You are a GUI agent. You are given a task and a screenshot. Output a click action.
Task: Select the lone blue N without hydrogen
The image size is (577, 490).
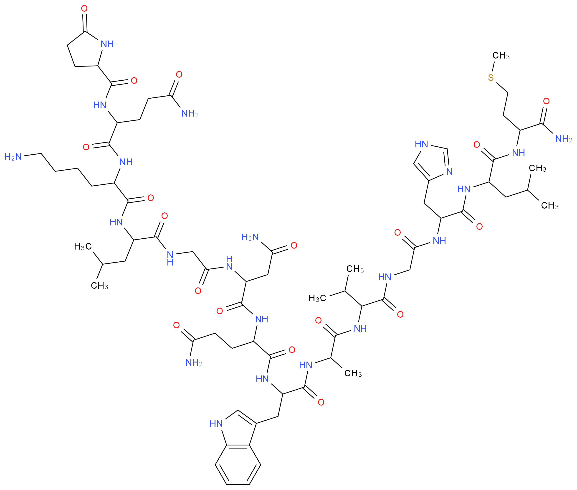pyautogui.click(x=449, y=172)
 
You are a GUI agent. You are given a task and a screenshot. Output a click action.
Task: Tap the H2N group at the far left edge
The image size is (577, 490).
pyautogui.click(x=13, y=157)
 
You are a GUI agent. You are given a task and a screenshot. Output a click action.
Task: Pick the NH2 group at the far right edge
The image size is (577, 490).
pyautogui.click(x=563, y=139)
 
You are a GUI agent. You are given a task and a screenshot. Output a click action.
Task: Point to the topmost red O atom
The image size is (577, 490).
pyautogui.click(x=84, y=9)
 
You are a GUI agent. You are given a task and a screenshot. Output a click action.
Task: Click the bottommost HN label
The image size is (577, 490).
pyautogui.click(x=216, y=423)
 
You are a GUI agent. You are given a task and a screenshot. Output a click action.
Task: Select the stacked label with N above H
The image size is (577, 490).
pyautogui.click(x=170, y=258)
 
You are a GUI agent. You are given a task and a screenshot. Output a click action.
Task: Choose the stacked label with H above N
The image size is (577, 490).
pyautogui.click(x=229, y=263)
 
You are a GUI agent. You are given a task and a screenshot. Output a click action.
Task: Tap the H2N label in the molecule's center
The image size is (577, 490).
pyautogui.click(x=250, y=237)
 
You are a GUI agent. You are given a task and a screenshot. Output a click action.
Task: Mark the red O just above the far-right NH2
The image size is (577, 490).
pyautogui.click(x=546, y=101)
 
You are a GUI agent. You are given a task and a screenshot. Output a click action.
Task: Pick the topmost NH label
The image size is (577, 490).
pyautogui.click(x=107, y=44)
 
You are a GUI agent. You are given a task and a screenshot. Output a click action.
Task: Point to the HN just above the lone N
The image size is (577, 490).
pyautogui.click(x=421, y=144)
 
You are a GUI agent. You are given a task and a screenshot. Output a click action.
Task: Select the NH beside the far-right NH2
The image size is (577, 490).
pyautogui.click(x=518, y=153)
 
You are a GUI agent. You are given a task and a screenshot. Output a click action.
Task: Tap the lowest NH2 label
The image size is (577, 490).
pyautogui.click(x=194, y=362)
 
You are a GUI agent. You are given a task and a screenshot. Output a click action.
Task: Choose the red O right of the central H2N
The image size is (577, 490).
pyautogui.click(x=294, y=245)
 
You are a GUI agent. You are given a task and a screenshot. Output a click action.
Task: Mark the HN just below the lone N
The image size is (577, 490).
pyautogui.click(x=464, y=189)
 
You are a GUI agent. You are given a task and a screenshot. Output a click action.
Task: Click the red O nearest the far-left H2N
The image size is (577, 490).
pyautogui.click(x=86, y=147)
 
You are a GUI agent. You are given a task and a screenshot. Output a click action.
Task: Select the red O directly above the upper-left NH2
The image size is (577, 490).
pyautogui.click(x=179, y=74)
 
